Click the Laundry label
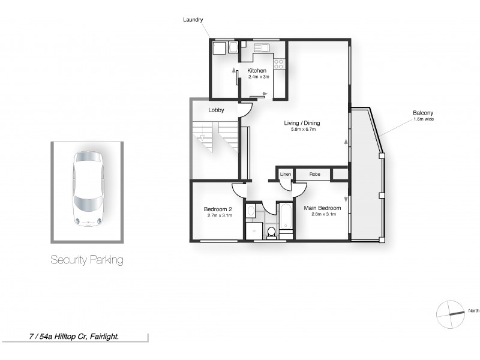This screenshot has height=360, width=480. pos(193,20)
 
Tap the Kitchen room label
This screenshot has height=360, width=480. pos(257,71)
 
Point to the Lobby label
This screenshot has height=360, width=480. pos(216,110)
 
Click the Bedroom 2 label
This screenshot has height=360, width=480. pos(219,209)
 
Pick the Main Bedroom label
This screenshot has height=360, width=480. pos(322,208)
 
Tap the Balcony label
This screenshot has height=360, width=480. pos(423,113)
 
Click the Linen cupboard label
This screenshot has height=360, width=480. pos(286,174)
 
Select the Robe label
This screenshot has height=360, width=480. pos(314,174)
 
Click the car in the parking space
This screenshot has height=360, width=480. pos(88,188)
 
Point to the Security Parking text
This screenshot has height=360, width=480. pos(87,260)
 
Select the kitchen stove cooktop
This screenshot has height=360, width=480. pos(279,63)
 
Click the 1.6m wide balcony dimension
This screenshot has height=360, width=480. pos(423,119)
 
